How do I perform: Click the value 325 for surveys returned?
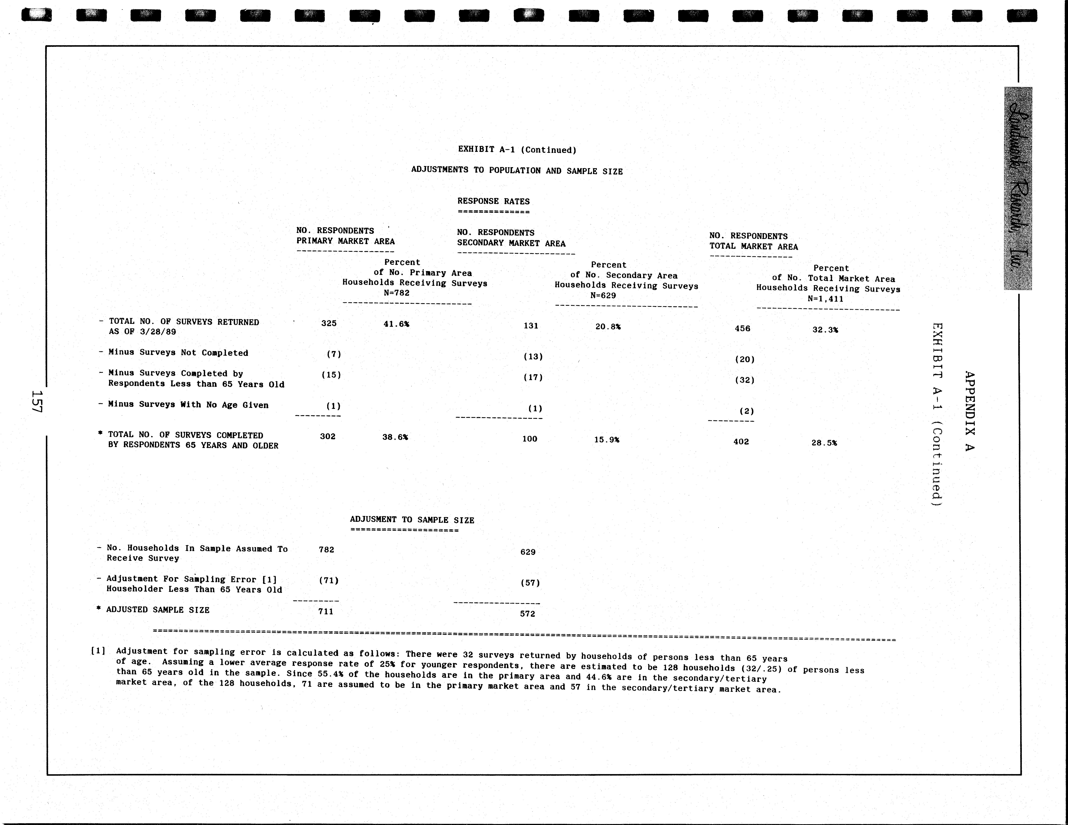(329, 323)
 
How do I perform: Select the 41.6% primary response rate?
(396, 324)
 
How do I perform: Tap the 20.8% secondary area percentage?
(608, 327)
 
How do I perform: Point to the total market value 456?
(742, 329)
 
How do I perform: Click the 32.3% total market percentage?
(825, 330)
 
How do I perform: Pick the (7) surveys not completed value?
(334, 354)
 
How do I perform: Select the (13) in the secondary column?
(533, 357)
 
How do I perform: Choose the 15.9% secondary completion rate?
(606, 440)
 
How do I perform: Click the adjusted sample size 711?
(326, 611)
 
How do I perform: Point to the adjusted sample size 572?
(527, 614)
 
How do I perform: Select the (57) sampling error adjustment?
(530, 583)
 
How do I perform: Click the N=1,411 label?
(826, 299)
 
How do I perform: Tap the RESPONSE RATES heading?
(493, 201)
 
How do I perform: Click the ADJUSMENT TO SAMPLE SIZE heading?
(412, 520)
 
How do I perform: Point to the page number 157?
(38, 401)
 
